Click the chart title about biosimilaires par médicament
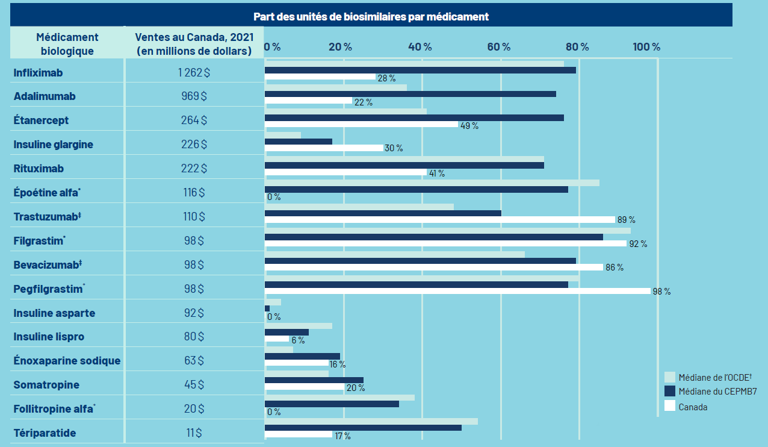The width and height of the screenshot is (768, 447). [x=371, y=16]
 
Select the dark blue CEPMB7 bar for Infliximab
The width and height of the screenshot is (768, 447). [x=420, y=70]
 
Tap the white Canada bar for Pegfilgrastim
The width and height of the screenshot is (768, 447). [x=457, y=291]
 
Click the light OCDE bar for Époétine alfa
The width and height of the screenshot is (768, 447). [x=432, y=183]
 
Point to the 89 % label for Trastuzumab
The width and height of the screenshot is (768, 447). [x=626, y=220]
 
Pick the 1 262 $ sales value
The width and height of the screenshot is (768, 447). [x=194, y=72]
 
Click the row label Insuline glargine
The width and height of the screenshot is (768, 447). [x=54, y=145]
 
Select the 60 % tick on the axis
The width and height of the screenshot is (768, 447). [x=498, y=47]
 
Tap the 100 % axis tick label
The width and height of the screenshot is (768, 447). [x=647, y=47]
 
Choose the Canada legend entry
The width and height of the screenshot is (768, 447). [x=693, y=407]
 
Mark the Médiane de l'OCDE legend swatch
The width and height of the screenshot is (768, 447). [x=669, y=377]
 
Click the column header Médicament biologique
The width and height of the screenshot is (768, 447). [x=67, y=44]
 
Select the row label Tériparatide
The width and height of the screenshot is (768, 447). [x=45, y=433]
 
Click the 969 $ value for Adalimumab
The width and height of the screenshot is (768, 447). [x=194, y=96]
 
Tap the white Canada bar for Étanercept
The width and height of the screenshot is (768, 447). [x=361, y=124]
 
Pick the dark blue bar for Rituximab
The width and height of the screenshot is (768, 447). [x=404, y=165]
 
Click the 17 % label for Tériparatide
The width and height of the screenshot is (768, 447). [x=342, y=436]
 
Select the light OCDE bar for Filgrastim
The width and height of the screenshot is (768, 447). [x=447, y=230]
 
